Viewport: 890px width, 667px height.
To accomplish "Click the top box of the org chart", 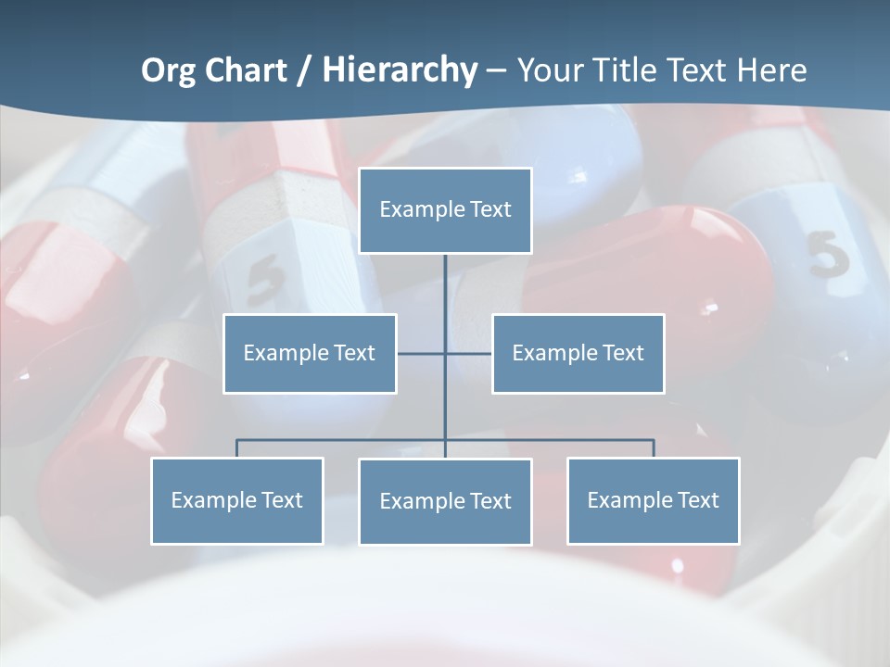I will pyautogui.click(x=445, y=210).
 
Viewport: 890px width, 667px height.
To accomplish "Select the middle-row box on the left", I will pyautogui.click(x=310, y=353).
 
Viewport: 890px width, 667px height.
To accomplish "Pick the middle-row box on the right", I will pyautogui.click(x=578, y=353).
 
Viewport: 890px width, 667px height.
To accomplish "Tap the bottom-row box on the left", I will pyautogui.click(x=237, y=500).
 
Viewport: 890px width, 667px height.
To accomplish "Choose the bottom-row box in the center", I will pyautogui.click(x=445, y=501).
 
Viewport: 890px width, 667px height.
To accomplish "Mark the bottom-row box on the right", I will pyautogui.click(x=653, y=500).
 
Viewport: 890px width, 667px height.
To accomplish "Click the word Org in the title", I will pyautogui.click(x=168, y=70).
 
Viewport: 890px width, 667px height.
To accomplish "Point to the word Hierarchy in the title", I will pyautogui.click(x=400, y=70).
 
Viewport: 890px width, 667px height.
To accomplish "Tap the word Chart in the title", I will pyautogui.click(x=246, y=70).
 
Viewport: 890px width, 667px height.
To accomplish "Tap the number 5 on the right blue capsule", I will pyautogui.click(x=828, y=254).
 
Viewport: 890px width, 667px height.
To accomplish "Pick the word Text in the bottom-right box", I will pyautogui.click(x=698, y=500).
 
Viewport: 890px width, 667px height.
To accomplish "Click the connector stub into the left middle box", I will pyautogui.click(x=420, y=353).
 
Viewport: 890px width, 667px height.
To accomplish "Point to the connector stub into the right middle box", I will pyautogui.click(x=469, y=353).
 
